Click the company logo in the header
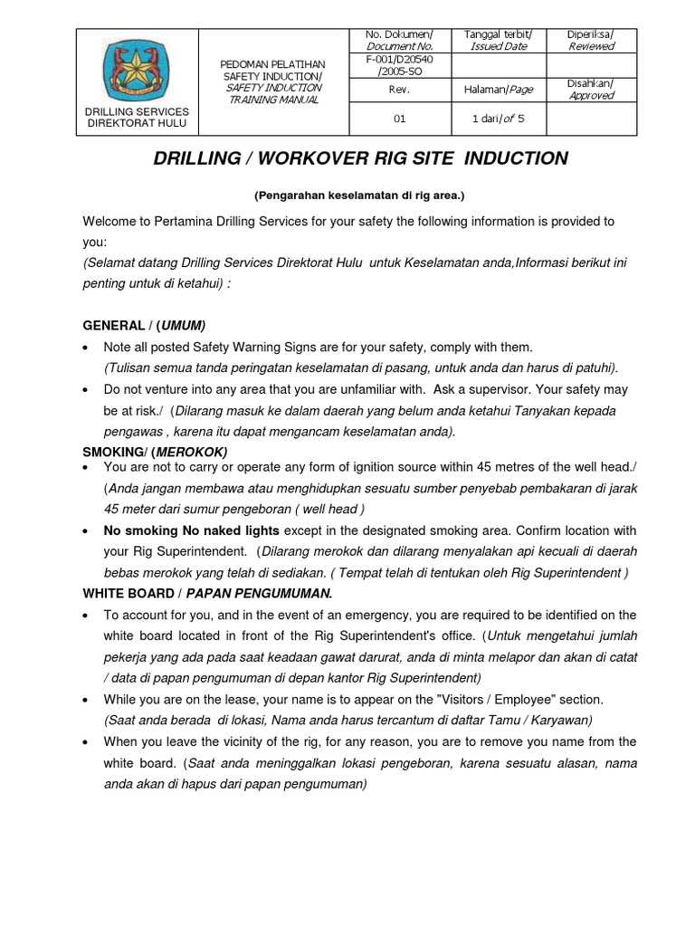137,69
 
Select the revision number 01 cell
399,118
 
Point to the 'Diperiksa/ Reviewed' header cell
591,40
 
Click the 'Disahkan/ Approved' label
591,89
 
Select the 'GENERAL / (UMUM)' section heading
144,325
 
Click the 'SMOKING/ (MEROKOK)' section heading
155,451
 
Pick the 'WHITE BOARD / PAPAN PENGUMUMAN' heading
207,593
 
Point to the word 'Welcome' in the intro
111,221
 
